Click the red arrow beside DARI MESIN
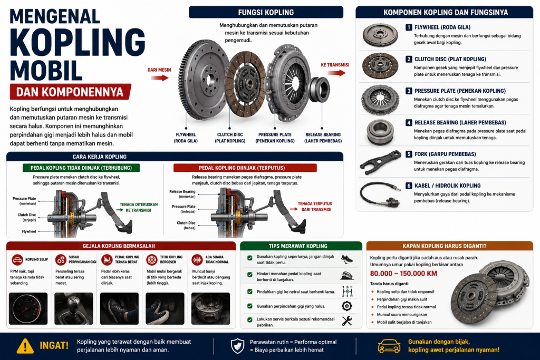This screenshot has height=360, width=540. pyautogui.click(x=159, y=78)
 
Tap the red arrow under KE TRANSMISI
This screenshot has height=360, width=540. pyautogui.click(x=336, y=73)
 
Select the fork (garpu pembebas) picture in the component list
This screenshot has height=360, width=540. pyautogui.click(x=381, y=162)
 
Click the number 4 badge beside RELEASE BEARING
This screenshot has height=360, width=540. pyautogui.click(x=409, y=122)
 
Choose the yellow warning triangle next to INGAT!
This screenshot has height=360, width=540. pyautogui.click(x=25, y=346)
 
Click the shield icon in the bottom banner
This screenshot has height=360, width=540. pyautogui.click(x=238, y=346)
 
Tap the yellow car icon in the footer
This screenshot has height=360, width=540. pyautogui.click(x=389, y=346)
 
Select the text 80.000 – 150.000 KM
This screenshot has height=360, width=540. pyautogui.click(x=403, y=274)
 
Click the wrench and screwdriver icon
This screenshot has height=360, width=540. pyautogui.click(x=347, y=321)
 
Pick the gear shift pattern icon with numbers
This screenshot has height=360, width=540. pyautogui.click(x=347, y=291)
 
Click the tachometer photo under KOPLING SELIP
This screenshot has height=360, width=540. pyautogui.click(x=28, y=309)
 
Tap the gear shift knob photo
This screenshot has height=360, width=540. pyautogui.click(x=74, y=309)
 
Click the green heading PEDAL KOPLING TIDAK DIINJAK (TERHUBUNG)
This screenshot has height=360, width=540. pyautogui.click(x=81, y=168)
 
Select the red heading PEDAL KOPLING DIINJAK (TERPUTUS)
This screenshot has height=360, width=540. pyautogui.click(x=245, y=168)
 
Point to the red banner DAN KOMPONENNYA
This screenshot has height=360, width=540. pyautogui.click(x=70, y=92)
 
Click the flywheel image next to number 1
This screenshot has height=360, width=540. pyautogui.click(x=380, y=35)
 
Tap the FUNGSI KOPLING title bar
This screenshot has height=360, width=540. pyautogui.click(x=266, y=13)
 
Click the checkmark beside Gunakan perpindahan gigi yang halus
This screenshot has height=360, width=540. pyautogui.click(x=249, y=306)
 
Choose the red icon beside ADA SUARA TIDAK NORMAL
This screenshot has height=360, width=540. pyautogui.click(x=197, y=260)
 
